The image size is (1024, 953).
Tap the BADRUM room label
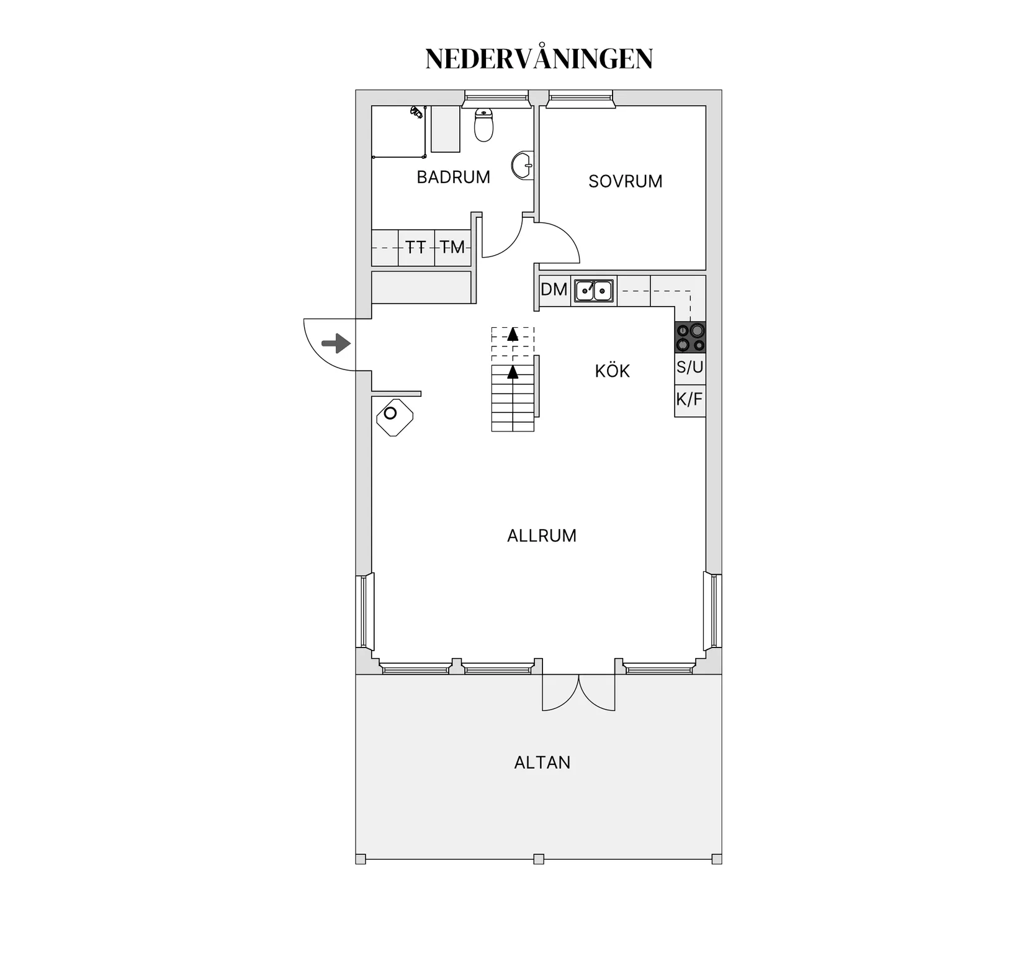(x=453, y=178)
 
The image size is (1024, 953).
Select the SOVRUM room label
(x=625, y=181)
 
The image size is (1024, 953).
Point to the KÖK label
(x=612, y=371)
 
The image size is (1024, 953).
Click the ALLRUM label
(x=541, y=536)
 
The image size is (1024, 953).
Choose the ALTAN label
(x=542, y=762)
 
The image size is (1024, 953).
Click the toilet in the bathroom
(x=483, y=125)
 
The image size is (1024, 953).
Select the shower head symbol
(x=416, y=112)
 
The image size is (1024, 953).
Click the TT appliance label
(x=415, y=248)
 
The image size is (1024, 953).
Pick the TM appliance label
(x=452, y=248)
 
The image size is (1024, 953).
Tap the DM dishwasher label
(x=554, y=289)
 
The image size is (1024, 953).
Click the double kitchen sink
(x=593, y=291)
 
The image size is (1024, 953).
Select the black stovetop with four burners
(x=690, y=337)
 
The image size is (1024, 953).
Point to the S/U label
(x=690, y=367)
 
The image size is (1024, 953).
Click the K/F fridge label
(x=689, y=399)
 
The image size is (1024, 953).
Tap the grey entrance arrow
(x=336, y=343)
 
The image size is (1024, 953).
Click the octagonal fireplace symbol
(x=395, y=417)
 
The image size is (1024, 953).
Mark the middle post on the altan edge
(x=539, y=859)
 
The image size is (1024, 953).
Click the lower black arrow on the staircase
(x=513, y=372)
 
